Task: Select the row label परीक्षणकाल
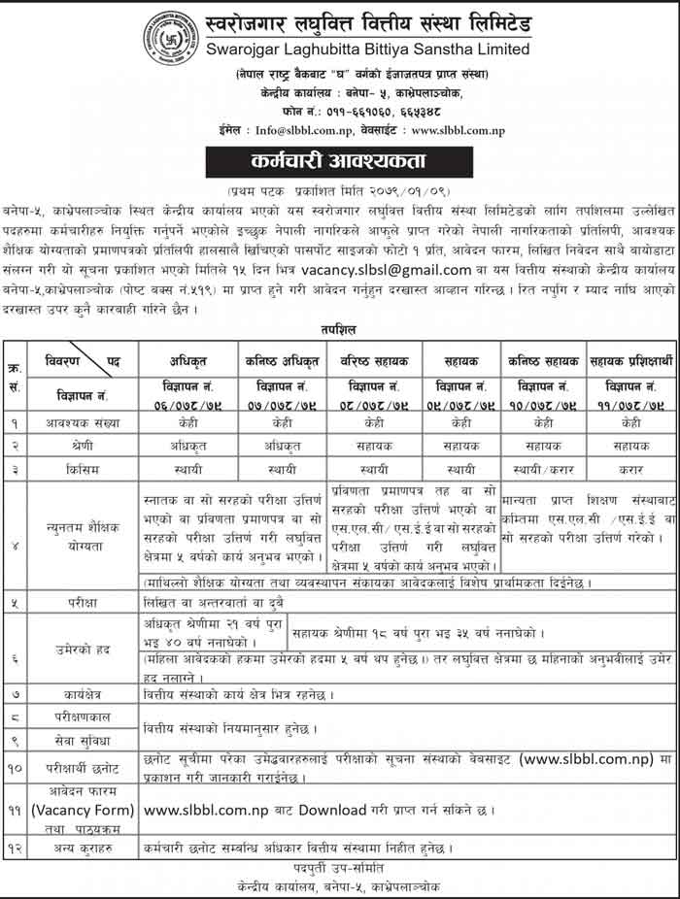click(82, 718)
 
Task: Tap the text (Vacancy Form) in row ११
click(82, 809)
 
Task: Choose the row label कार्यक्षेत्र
click(82, 694)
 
